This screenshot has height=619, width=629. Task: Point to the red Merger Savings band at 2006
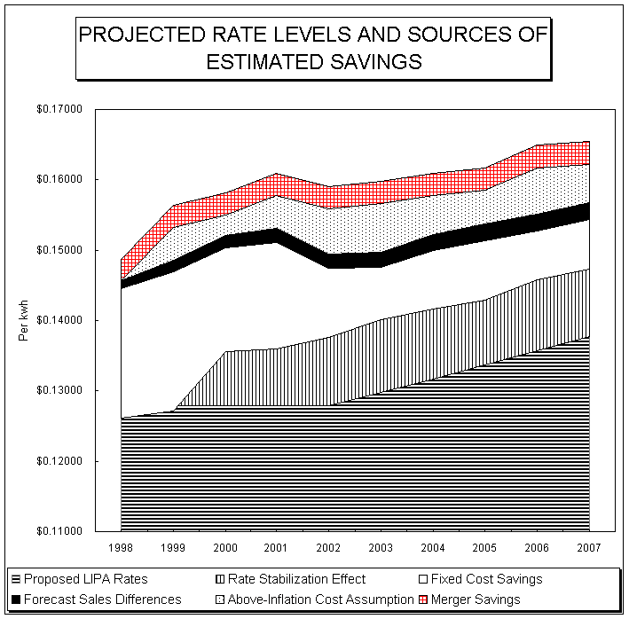pos(538,156)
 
